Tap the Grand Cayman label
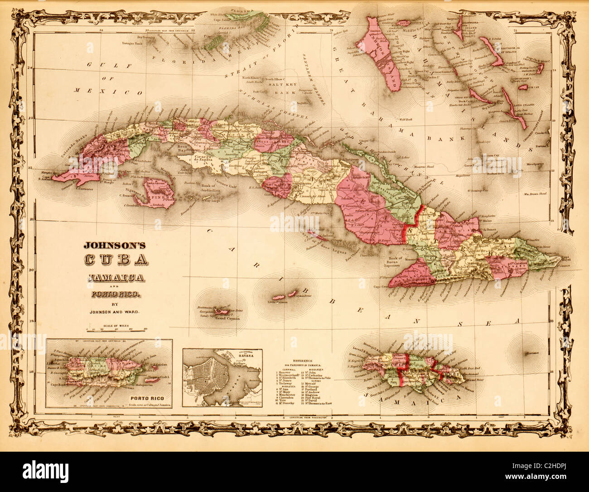(x=227, y=318)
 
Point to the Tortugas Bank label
(x=133, y=43)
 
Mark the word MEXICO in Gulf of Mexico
(x=116, y=91)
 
